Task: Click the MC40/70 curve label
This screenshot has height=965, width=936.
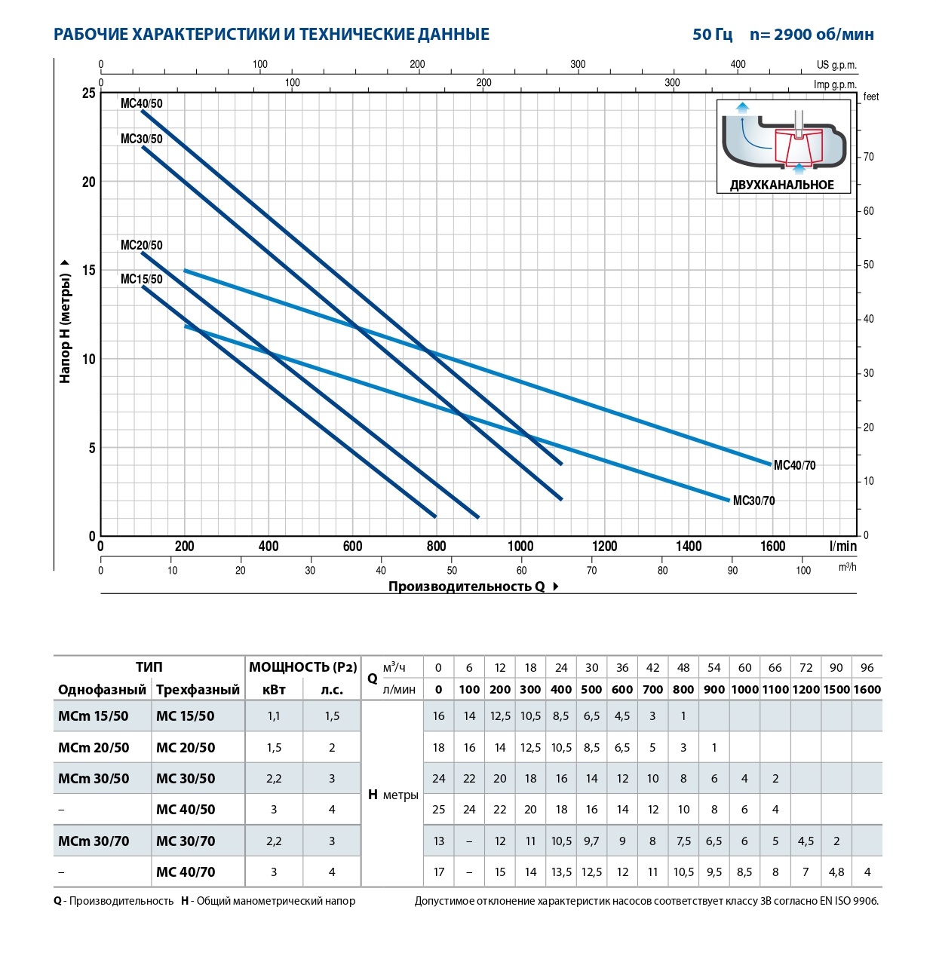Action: tap(794, 465)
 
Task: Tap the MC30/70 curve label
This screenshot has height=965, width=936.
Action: tap(753, 501)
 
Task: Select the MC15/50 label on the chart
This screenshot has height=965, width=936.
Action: tap(141, 279)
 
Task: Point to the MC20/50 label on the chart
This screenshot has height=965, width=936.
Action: tap(141, 245)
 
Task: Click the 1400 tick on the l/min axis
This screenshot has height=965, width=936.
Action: tap(688, 546)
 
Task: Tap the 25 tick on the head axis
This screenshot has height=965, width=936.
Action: tap(89, 93)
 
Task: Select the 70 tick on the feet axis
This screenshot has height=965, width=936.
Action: tap(869, 157)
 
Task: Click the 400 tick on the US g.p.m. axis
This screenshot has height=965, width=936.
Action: tap(738, 64)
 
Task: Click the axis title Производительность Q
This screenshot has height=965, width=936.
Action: tap(466, 587)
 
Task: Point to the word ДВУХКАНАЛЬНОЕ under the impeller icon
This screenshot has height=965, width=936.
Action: tap(781, 185)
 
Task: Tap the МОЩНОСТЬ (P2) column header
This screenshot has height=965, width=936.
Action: tap(302, 667)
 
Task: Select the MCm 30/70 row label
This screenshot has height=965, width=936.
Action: tap(94, 841)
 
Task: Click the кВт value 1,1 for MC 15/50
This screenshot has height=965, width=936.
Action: tap(274, 716)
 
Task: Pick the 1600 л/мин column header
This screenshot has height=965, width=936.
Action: tap(867, 689)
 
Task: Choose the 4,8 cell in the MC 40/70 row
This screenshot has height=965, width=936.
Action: tap(836, 872)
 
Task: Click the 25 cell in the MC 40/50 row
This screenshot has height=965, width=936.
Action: tap(438, 810)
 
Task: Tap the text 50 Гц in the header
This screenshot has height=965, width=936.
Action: tap(712, 35)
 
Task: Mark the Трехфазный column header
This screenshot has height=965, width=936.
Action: tap(198, 689)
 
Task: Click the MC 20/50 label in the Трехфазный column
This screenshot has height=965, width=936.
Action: tap(186, 748)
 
